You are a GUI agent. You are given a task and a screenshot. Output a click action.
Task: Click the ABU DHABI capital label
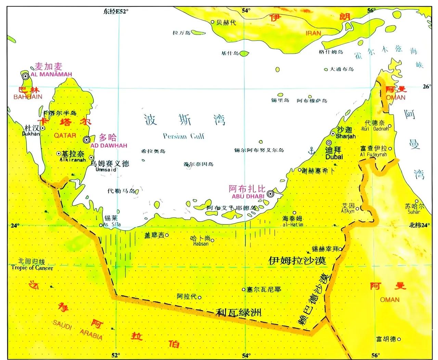tap(248, 196)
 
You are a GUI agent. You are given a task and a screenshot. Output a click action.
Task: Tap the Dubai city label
tap(334, 157)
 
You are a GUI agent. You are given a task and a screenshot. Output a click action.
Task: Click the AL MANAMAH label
tap(51, 74)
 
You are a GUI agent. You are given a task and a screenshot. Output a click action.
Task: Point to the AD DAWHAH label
tap(108, 145)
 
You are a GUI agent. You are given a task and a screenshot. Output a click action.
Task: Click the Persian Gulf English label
tap(183, 136)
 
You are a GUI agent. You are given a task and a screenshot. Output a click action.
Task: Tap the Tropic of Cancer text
tap(32, 268)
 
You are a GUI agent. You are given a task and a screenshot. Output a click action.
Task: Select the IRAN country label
tap(313, 33)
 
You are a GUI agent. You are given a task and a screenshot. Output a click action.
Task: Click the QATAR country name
tap(65, 136)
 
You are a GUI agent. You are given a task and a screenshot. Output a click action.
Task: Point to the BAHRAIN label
tap(28, 97)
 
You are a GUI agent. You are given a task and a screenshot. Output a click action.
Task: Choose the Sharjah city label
tap(346, 136)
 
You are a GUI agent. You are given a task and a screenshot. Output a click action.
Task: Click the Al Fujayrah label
tap(373, 155)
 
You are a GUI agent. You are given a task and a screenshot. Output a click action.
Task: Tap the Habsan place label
tap(201, 244)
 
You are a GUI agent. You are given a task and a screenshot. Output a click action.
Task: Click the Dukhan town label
tap(31, 134)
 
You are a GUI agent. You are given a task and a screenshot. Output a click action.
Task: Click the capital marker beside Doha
tap(87, 140)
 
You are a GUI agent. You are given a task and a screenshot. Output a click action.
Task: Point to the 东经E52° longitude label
tap(116, 11)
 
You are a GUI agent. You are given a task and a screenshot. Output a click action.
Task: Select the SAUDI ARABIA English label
tap(78, 330)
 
